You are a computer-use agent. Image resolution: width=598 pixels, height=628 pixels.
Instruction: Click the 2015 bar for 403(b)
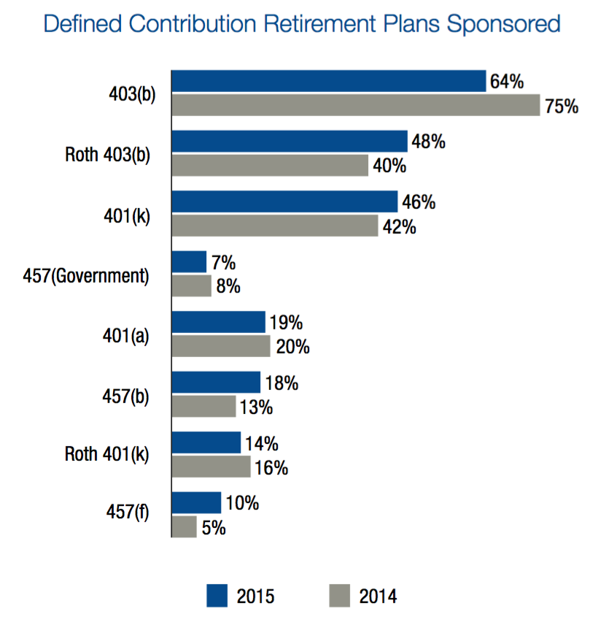[x=328, y=81]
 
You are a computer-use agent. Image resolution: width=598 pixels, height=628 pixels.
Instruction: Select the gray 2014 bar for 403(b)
[x=355, y=105]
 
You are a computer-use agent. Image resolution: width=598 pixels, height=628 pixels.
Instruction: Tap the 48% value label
[x=428, y=142]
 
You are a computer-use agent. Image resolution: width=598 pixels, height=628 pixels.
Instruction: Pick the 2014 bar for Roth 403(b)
[x=270, y=166]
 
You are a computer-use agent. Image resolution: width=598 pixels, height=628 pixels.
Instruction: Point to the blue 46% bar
[x=284, y=202]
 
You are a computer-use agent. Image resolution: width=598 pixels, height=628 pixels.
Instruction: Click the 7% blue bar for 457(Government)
[x=189, y=261]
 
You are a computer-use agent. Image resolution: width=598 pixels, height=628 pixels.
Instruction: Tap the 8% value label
[x=228, y=286]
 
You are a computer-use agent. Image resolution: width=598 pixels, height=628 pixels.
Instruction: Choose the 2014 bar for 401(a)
[x=221, y=346]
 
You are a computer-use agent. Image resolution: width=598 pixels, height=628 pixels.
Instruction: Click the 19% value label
[x=286, y=322]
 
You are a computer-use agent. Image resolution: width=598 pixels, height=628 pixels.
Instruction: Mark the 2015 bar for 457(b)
[x=216, y=382]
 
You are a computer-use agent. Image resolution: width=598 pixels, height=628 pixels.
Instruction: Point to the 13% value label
[x=256, y=407]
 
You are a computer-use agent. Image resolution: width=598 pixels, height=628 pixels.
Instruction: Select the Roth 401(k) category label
[x=106, y=454]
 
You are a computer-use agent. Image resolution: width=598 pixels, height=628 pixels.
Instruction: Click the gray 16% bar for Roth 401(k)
[x=211, y=467]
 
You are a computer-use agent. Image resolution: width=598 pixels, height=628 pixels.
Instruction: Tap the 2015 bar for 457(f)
[x=196, y=502]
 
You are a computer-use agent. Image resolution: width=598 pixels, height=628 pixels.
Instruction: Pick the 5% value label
[x=214, y=527]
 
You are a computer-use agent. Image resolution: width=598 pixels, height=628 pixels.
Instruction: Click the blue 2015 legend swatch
[x=217, y=595]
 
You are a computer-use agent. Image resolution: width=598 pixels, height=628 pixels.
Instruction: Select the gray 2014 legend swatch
[x=341, y=595]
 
